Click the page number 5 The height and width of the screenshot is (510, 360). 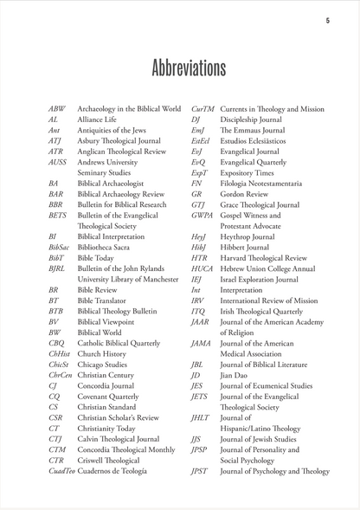click(327, 20)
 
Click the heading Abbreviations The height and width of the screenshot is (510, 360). click(179, 68)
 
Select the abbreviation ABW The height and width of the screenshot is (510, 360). click(57, 109)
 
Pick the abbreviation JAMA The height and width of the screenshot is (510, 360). click(201, 345)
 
